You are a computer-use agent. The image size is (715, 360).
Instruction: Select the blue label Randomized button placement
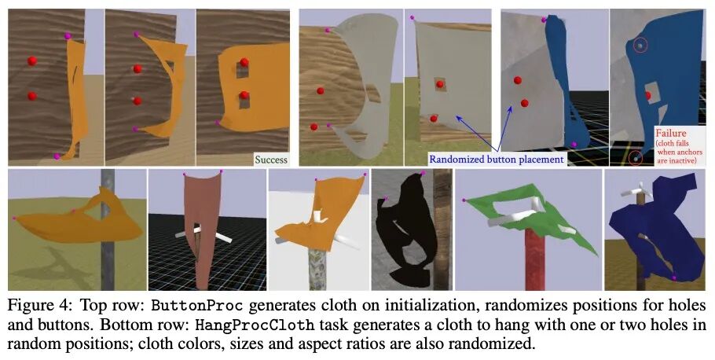click(497, 159)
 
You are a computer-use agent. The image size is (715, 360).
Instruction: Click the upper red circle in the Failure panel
click(640, 46)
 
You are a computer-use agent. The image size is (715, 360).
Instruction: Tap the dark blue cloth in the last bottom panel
click(656, 228)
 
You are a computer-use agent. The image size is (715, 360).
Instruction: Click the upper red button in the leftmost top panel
click(32, 61)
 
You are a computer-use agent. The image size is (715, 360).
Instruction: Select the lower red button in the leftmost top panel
click(32, 97)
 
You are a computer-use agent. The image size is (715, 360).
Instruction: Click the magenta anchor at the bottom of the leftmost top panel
click(57, 156)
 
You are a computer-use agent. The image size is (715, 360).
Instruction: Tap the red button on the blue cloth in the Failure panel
click(647, 96)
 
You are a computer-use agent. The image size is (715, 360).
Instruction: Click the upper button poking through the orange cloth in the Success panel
click(245, 63)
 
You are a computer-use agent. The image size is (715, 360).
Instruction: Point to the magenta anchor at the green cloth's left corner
click(464, 201)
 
